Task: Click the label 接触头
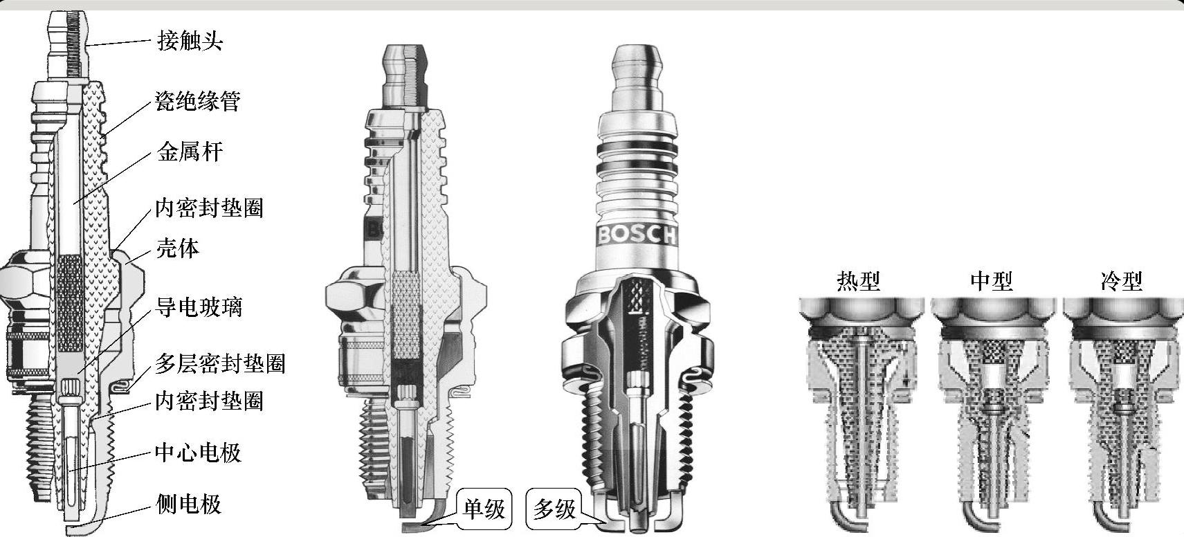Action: click(190, 40)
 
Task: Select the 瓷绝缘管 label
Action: click(198, 101)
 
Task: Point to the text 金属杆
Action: click(190, 152)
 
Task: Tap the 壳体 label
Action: click(178, 248)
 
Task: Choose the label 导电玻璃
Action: click(199, 307)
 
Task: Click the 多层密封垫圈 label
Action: click(220, 363)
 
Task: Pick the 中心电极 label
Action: click(198, 453)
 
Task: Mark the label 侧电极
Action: click(189, 504)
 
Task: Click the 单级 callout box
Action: click(484, 509)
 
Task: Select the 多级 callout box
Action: click(554, 509)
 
